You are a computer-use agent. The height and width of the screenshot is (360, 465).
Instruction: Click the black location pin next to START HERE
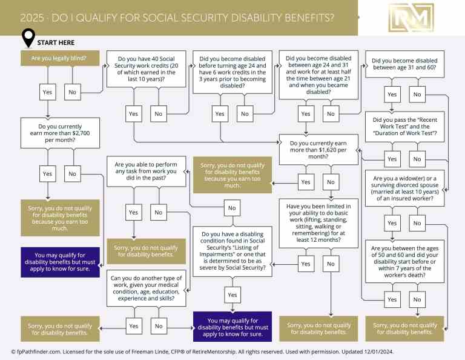point(28,39)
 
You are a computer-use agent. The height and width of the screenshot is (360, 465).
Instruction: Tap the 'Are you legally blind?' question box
point(53,59)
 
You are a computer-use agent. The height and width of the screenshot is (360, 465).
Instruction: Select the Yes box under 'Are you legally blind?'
point(47,93)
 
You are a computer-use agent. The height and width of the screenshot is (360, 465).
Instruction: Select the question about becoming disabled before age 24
point(232,73)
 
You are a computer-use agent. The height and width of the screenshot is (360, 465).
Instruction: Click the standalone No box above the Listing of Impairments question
point(231,208)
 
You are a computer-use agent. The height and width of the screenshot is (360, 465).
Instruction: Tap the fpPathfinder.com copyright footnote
point(232,351)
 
